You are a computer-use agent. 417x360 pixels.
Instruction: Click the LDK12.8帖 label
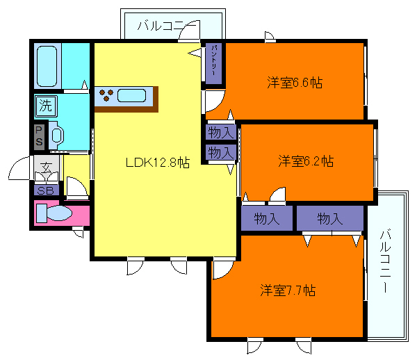click(x=158, y=163)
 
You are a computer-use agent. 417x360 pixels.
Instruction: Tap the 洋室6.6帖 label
click(x=295, y=83)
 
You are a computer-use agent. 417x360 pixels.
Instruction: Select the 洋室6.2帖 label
click(x=306, y=161)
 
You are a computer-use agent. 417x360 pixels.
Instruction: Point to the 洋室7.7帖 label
click(x=288, y=290)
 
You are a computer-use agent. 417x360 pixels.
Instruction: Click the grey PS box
click(x=39, y=136)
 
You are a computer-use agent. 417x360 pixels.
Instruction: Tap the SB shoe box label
click(x=45, y=190)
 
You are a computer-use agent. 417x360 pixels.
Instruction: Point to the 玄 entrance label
click(x=46, y=167)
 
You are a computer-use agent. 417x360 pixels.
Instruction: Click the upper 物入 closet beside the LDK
click(x=220, y=132)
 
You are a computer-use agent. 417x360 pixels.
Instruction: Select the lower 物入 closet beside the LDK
click(x=220, y=152)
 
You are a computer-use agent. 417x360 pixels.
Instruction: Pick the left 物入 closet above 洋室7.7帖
click(x=267, y=219)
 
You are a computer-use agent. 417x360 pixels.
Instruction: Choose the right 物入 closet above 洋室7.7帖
click(x=329, y=219)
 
